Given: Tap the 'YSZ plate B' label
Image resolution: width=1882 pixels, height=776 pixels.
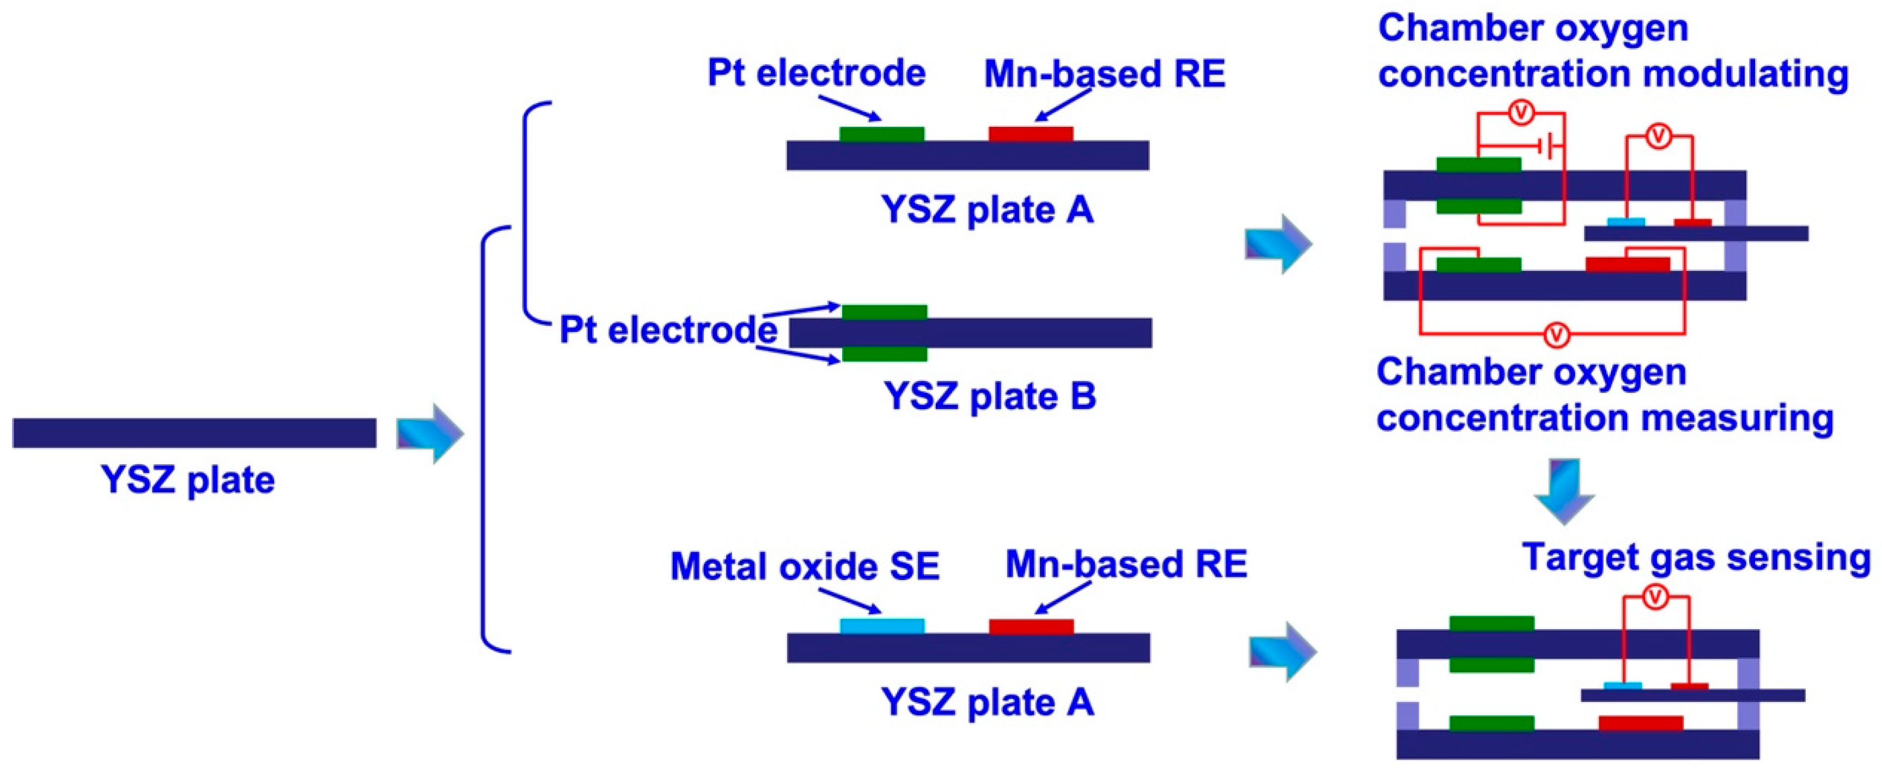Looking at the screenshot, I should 990,396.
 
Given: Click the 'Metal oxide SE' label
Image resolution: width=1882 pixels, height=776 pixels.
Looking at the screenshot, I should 805,566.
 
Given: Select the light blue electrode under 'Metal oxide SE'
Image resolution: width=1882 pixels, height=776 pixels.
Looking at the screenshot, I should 882,626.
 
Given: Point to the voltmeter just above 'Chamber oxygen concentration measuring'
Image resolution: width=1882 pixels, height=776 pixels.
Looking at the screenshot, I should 1557,335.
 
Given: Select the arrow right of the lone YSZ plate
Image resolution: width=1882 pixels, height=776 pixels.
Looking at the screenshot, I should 430,434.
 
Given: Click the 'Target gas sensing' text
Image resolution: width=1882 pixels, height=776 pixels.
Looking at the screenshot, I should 1696,557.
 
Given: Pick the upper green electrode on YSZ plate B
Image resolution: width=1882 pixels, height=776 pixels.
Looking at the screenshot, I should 884,312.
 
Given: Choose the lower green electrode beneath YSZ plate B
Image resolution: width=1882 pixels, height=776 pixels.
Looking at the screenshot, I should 884,354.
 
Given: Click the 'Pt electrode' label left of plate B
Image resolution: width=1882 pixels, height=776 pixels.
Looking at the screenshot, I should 668,330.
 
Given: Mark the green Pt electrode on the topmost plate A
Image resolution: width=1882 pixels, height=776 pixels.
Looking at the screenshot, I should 882,133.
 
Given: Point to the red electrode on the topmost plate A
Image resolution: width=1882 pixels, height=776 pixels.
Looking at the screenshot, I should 1031,133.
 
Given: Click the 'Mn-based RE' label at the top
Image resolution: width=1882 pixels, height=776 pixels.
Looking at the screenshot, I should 1105,73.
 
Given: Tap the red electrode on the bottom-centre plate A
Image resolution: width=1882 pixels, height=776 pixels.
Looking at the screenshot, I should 1031,626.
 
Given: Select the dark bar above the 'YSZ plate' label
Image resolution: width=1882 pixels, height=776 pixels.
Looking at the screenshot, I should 194,433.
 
